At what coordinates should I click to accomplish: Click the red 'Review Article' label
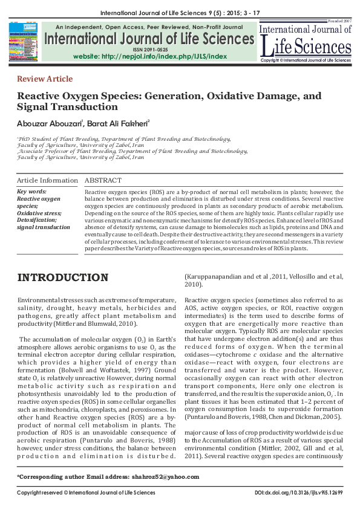click(x=45, y=79)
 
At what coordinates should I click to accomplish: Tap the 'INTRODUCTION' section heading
click(x=62, y=278)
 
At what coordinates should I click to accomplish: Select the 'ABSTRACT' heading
click(x=103, y=181)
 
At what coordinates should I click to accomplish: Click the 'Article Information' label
click(x=47, y=181)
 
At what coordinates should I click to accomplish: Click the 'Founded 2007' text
click(x=341, y=22)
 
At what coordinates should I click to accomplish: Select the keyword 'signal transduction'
click(x=44, y=227)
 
